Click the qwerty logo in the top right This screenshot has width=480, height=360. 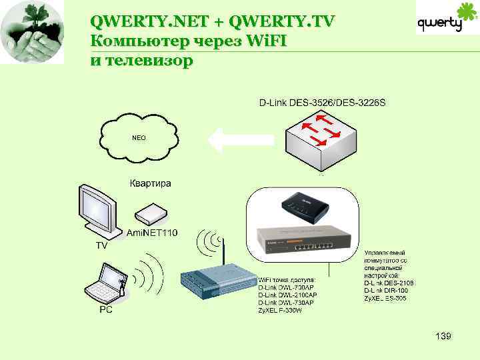click(x=441, y=23)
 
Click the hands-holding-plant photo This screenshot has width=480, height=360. click(x=32, y=32)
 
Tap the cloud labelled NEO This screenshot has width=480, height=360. click(x=139, y=137)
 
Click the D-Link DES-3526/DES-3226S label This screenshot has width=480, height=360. click(x=322, y=103)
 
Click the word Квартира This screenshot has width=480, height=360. click(x=150, y=183)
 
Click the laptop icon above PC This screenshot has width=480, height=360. click(x=107, y=285)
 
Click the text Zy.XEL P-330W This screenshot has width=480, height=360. click(x=280, y=310)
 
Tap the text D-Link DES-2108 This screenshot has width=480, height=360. click(x=389, y=283)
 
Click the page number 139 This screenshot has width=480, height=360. click(x=443, y=336)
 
